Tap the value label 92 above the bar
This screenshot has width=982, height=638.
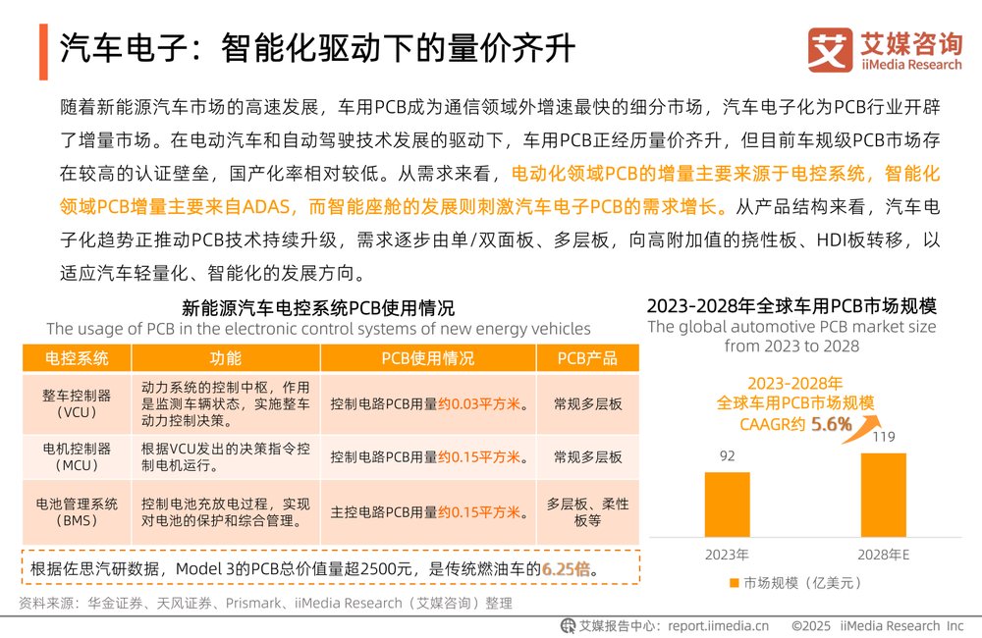click(x=727, y=456)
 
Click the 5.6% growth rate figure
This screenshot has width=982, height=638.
click(x=830, y=425)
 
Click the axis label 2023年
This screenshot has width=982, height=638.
click(x=727, y=555)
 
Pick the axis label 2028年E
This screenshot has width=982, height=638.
click(x=883, y=555)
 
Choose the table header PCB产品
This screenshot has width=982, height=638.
click(x=587, y=357)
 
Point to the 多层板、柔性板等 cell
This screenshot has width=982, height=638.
click(x=587, y=511)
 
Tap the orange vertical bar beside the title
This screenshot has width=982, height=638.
click(x=43, y=50)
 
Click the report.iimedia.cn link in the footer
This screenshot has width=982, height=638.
click(x=716, y=625)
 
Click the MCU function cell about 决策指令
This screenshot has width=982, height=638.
click(x=226, y=456)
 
